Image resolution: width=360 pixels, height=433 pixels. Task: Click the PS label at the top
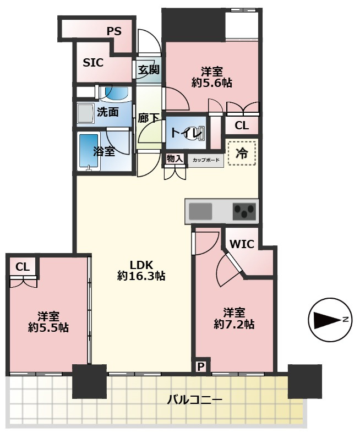tap(114, 31)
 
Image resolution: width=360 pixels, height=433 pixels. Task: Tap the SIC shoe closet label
tap(93, 63)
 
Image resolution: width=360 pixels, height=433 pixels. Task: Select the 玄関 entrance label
tap(149, 69)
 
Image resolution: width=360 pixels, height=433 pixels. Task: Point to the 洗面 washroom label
tap(107, 112)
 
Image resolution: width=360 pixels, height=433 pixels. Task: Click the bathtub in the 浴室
tap(89, 151)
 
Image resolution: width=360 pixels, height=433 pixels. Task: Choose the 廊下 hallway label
tap(149, 118)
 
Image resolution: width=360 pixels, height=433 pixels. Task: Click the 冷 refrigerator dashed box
tap(242, 154)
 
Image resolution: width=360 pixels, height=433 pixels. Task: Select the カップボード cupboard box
tap(206, 160)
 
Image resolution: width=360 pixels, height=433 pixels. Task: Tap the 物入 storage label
tap(174, 158)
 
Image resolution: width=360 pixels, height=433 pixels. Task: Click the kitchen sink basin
tap(200, 211)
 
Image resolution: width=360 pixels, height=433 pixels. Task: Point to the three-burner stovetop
tap(244, 211)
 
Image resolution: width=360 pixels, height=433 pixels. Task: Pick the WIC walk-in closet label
tap(242, 244)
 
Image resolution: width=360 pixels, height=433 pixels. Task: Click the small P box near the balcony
tap(201, 367)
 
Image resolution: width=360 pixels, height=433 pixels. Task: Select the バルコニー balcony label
tap(194, 399)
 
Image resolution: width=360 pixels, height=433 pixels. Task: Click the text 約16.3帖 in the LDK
tap(141, 276)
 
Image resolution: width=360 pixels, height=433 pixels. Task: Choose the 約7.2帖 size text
tap(234, 324)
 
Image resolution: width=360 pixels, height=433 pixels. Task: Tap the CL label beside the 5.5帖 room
tap(23, 267)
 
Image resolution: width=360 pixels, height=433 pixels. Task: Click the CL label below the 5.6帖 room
tap(242, 125)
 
